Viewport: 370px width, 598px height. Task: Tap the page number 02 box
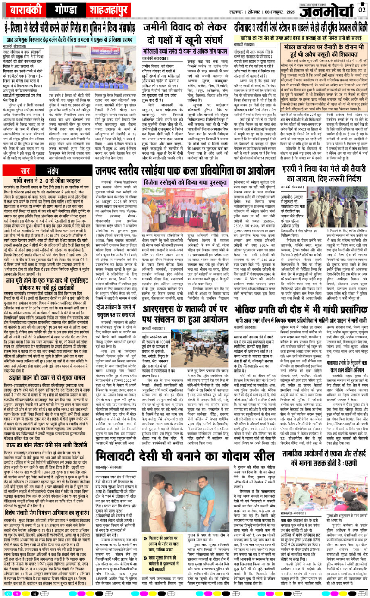362,9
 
